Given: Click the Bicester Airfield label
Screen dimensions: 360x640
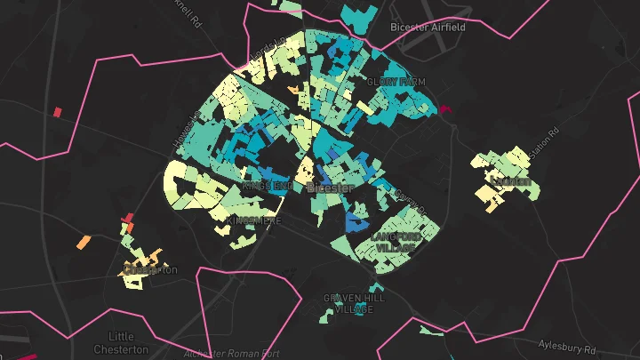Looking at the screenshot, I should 428,28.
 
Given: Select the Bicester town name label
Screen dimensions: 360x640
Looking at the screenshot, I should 330,188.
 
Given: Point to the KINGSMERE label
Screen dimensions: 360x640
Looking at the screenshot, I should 254,220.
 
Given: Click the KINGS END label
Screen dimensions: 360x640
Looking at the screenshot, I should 268,186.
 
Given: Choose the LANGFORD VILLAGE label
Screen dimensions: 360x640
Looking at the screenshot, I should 394,242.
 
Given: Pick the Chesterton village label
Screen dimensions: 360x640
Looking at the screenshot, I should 151,269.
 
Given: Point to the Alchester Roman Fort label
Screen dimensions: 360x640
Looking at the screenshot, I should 231,353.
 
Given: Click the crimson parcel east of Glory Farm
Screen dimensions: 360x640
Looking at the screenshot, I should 445,108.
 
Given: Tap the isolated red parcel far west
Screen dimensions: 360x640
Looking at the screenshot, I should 57,112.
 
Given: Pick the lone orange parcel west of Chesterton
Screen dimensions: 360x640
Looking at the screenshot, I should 84,241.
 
